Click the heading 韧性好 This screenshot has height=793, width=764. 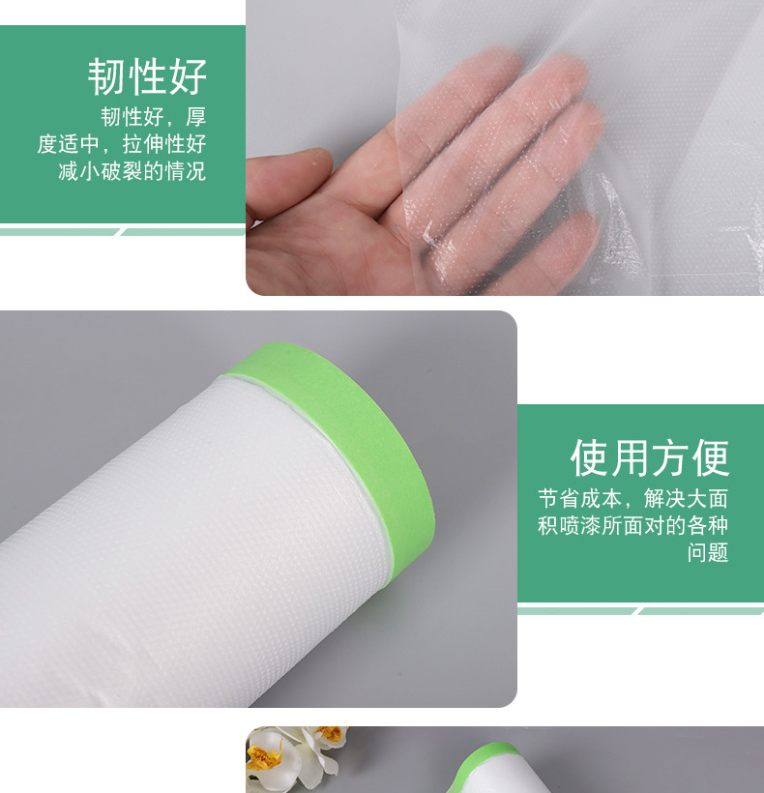(148, 76)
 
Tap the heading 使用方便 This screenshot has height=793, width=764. (650, 458)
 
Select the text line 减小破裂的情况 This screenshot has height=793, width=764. (132, 171)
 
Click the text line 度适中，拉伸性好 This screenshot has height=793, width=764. (121, 144)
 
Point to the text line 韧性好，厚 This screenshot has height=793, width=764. (153, 117)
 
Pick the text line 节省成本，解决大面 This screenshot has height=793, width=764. (632, 499)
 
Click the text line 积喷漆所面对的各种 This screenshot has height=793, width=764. (632, 525)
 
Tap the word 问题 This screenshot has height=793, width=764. (707, 552)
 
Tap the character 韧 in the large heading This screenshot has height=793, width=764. (107, 76)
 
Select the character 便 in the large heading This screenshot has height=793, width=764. (711, 458)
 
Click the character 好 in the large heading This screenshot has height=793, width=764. (188, 76)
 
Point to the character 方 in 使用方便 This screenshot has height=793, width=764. (670, 458)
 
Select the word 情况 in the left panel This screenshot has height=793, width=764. (185, 171)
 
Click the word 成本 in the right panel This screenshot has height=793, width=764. (601, 499)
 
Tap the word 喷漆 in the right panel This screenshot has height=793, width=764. (579, 525)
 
